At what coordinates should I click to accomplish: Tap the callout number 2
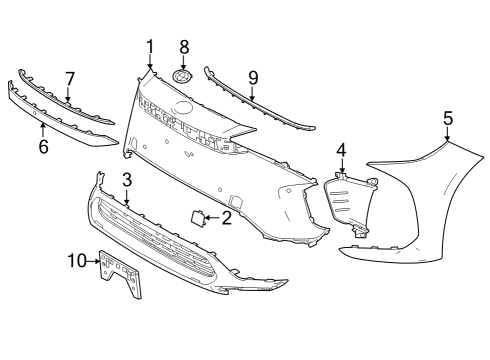pyautogui.click(x=227, y=217)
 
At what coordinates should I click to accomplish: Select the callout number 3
pyautogui.click(x=127, y=180)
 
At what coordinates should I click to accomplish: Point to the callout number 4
pyautogui.click(x=341, y=150)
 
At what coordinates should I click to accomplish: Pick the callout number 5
pyautogui.click(x=447, y=118)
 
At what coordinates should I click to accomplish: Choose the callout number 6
pyautogui.click(x=43, y=147)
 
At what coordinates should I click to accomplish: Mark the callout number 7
pyautogui.click(x=69, y=77)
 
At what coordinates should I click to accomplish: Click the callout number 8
pyautogui.click(x=183, y=47)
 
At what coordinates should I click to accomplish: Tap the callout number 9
pyautogui.click(x=252, y=76)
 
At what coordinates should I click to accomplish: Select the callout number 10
pyautogui.click(x=78, y=261)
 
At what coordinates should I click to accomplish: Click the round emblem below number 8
pyautogui.click(x=183, y=77)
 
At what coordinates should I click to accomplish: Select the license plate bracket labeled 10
pyautogui.click(x=120, y=272)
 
